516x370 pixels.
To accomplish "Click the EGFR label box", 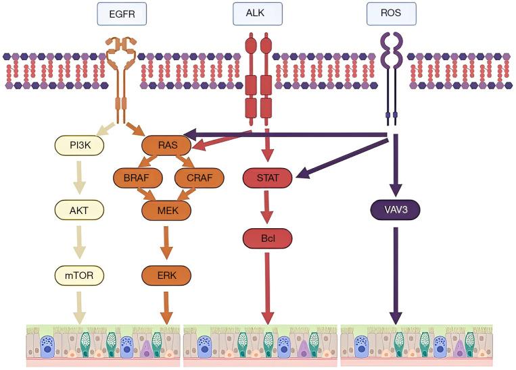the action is (122, 14).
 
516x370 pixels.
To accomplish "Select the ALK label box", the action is (258, 14).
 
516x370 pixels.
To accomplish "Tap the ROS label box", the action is (392, 14).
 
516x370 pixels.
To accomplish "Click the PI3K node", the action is (79, 145).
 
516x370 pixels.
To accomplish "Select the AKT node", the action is (79, 210).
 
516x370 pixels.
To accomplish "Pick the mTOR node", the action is (79, 275).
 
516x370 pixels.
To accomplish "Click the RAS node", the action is (166, 145).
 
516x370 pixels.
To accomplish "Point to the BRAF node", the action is (137, 178).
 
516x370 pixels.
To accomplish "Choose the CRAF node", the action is (199, 178).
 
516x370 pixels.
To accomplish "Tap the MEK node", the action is (166, 210).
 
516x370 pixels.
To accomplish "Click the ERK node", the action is (166, 275).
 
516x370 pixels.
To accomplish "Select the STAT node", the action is (268, 178).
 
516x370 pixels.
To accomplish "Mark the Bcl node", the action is (268, 238).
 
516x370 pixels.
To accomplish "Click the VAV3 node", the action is (395, 210).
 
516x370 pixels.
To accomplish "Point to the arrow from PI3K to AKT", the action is (79, 178).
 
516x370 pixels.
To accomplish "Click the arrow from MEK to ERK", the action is (166, 243).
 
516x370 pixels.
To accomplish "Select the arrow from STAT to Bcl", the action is (267, 207).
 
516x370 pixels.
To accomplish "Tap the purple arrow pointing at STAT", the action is (342, 159).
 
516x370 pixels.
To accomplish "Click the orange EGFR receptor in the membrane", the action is (121, 80).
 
